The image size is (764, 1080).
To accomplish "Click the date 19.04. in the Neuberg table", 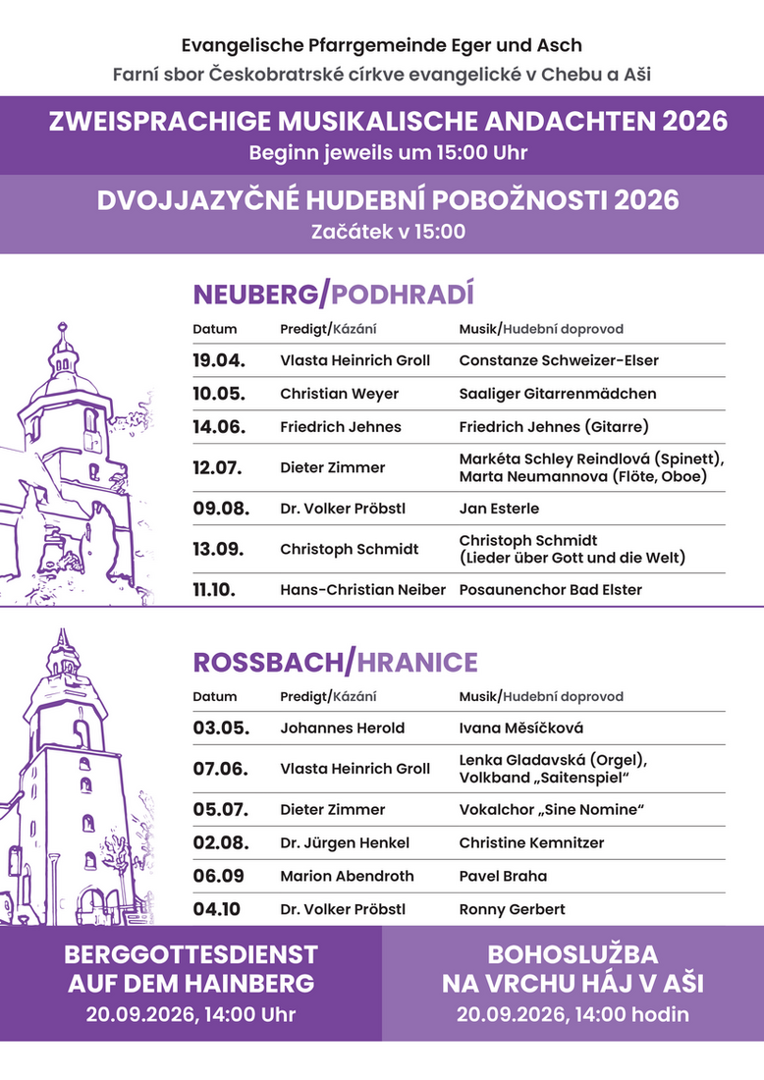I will tap(218, 360).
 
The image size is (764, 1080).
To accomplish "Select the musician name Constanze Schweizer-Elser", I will tap(559, 360).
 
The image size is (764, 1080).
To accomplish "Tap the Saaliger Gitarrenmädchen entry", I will tap(558, 394).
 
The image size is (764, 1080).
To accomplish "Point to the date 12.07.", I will tap(217, 467).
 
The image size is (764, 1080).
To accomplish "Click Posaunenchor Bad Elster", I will tap(549, 590).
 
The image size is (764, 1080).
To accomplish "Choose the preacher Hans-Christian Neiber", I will tap(362, 590).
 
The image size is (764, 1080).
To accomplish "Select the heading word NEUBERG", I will tap(257, 295).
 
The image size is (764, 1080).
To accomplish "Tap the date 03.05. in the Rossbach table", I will tap(221, 729).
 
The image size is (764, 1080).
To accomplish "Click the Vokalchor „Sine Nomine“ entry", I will tap(557, 810).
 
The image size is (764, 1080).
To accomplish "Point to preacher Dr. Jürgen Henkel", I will tap(345, 843).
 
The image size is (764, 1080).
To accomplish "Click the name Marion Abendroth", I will tap(347, 876).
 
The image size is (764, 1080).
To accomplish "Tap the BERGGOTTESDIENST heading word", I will tap(191, 954).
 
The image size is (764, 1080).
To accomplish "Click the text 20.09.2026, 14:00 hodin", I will tap(573, 1015).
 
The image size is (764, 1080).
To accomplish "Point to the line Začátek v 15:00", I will tap(388, 233).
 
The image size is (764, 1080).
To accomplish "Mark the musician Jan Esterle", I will tap(499, 509).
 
